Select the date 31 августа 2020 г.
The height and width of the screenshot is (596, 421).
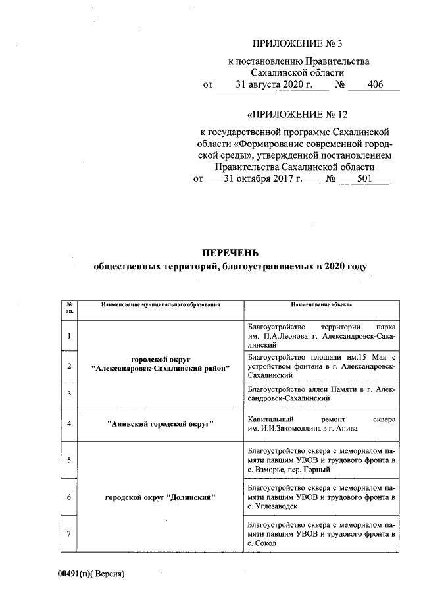pyautogui.click(x=272, y=85)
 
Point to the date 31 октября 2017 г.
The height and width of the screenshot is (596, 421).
pyautogui.click(x=262, y=178)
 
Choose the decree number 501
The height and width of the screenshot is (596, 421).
pyautogui.click(x=363, y=178)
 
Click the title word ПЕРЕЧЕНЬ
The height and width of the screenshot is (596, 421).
pyautogui.click(x=230, y=253)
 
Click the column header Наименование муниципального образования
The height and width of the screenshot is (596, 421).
pyautogui.click(x=161, y=305)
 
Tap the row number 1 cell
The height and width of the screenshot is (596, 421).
pyautogui.click(x=69, y=337)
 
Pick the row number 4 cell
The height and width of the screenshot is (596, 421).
pyautogui.click(x=69, y=423)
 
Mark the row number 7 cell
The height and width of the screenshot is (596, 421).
pyautogui.click(x=69, y=533)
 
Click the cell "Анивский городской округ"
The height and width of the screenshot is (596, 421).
pyautogui.click(x=161, y=423)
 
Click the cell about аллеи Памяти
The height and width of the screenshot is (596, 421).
pyautogui.click(x=321, y=394)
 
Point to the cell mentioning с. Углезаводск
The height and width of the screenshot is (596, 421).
pyautogui.click(x=321, y=497)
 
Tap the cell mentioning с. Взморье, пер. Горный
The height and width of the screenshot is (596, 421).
pyautogui.click(x=321, y=460)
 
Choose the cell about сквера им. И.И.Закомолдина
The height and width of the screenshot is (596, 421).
pyautogui.click(x=321, y=423)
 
